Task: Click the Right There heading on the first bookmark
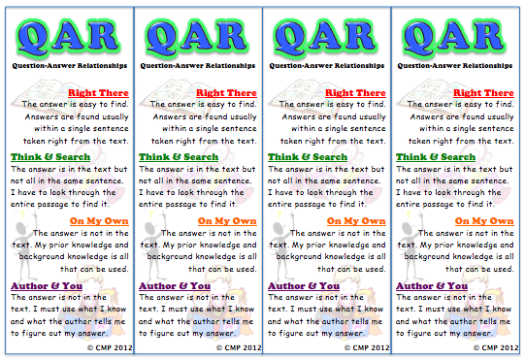pyautogui.click(x=98, y=92)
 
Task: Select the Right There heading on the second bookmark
pyautogui.click(x=227, y=92)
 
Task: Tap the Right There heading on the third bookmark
pyautogui.click(x=356, y=92)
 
